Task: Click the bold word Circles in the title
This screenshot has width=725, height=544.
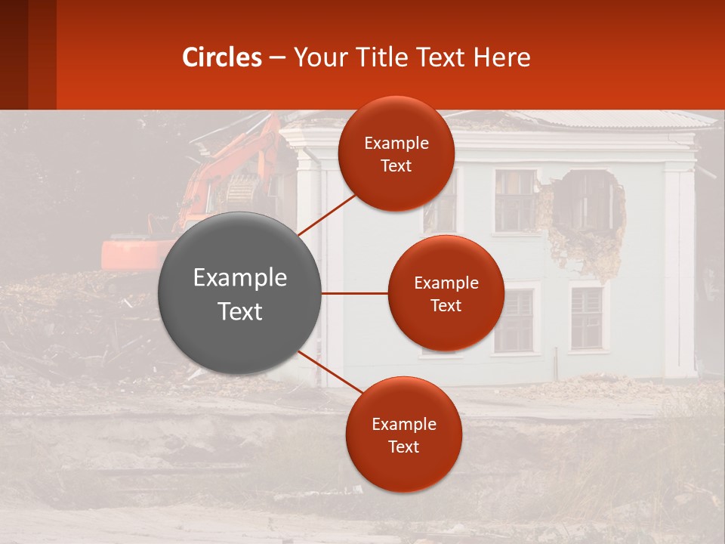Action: (222, 57)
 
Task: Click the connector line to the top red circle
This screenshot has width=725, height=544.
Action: (326, 213)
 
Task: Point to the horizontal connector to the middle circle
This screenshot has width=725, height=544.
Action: (355, 293)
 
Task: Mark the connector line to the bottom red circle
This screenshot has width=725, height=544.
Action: (327, 372)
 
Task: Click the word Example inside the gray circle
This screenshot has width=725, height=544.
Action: (240, 278)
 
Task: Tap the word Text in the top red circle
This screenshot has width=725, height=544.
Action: (396, 166)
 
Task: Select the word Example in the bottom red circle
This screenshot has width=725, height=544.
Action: (403, 425)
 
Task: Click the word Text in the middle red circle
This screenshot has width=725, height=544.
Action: (446, 306)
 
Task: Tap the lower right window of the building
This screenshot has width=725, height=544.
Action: (586, 318)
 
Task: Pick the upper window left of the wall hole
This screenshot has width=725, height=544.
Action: (515, 201)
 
